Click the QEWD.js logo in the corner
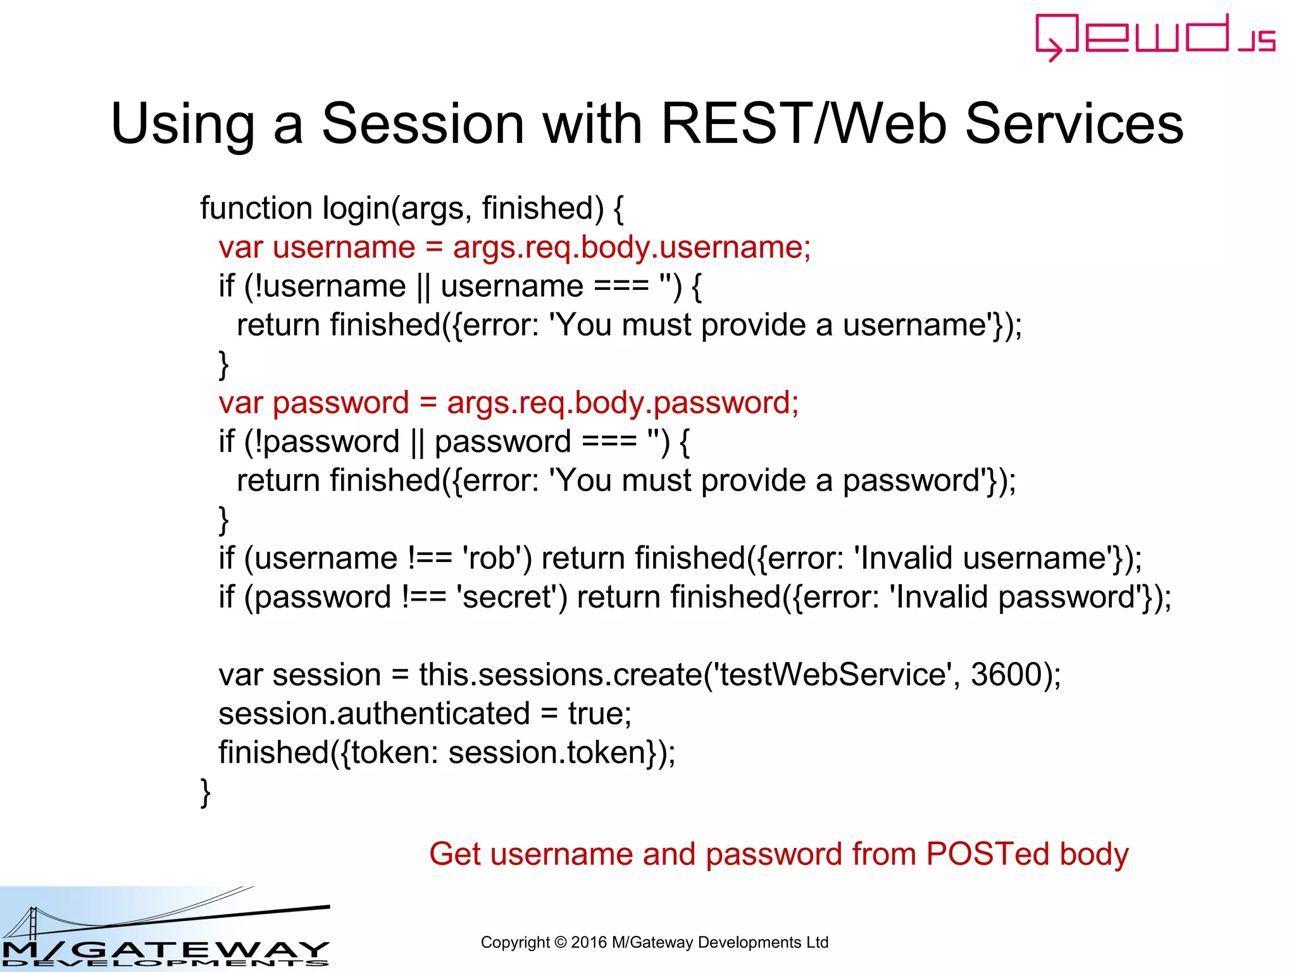(1156, 37)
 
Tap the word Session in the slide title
(423, 123)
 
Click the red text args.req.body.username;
(632, 247)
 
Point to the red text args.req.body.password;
(623, 403)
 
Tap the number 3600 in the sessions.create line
(1006, 675)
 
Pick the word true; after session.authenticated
(599, 714)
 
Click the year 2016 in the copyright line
(589, 942)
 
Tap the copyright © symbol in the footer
(560, 943)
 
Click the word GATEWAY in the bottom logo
(202, 949)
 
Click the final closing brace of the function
(205, 792)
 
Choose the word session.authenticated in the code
(374, 714)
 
